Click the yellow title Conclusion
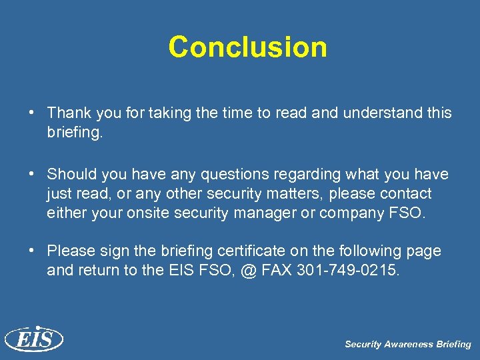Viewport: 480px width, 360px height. point(247,47)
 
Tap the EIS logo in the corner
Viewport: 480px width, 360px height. point(33,339)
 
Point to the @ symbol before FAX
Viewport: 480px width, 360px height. point(248,271)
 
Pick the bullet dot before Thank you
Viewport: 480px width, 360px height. point(31,113)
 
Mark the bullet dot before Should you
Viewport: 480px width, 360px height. point(31,174)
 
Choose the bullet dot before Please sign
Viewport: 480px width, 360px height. point(31,251)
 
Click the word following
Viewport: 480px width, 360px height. point(373,251)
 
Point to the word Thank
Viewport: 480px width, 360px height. point(69,113)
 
